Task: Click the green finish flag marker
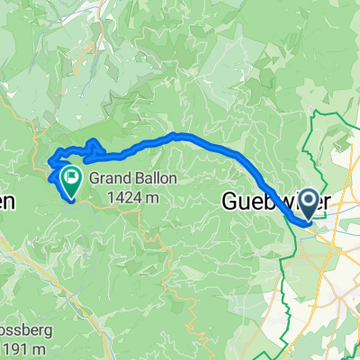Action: click(x=70, y=176)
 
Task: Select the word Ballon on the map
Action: click(x=154, y=177)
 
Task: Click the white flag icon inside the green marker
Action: click(x=70, y=175)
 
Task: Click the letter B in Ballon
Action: click(x=136, y=177)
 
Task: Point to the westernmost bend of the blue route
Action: click(x=49, y=163)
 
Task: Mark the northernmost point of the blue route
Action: click(x=177, y=135)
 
